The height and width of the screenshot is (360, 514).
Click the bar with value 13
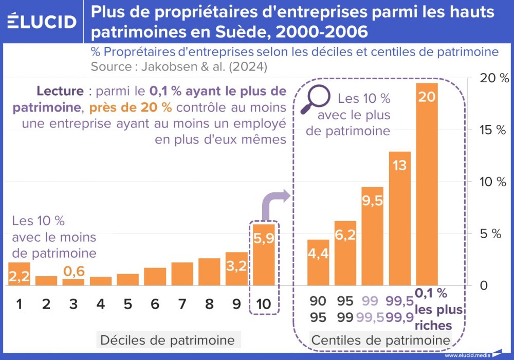[400, 218]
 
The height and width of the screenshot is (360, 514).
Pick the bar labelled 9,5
[373, 236]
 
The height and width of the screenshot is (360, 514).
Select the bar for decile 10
[264, 255]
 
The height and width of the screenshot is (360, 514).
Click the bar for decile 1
[19, 274]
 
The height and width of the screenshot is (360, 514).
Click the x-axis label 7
[182, 304]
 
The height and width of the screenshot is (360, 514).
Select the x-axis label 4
[101, 304]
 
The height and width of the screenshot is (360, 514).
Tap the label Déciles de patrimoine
[167, 340]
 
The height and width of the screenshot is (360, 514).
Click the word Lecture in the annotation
[60, 92]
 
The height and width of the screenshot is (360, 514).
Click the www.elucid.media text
[467, 355]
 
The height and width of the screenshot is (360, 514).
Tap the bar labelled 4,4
[318, 262]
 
